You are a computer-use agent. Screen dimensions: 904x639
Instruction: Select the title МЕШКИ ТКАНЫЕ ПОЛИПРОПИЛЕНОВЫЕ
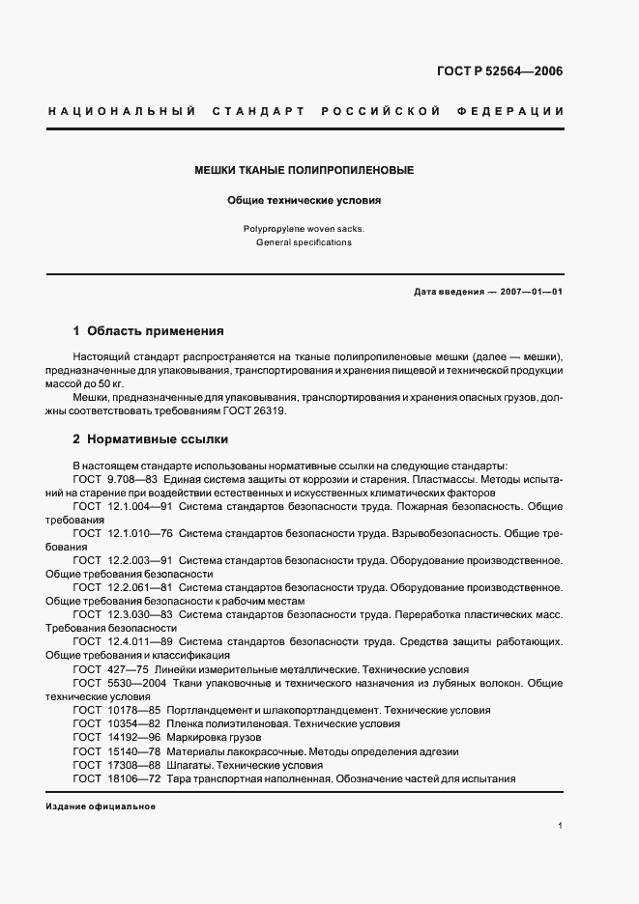click(x=305, y=170)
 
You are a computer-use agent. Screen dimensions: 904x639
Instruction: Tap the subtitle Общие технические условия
click(x=305, y=202)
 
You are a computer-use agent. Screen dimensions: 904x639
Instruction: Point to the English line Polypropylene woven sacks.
click(x=305, y=229)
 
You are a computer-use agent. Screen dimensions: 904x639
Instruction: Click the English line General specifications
click(x=305, y=242)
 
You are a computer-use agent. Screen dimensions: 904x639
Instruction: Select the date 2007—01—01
click(x=529, y=291)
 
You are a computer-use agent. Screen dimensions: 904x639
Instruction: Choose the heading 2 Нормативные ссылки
click(x=151, y=438)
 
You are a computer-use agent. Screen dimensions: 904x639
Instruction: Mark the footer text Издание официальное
click(x=101, y=805)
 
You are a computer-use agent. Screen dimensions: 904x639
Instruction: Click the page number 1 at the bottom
click(x=561, y=826)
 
